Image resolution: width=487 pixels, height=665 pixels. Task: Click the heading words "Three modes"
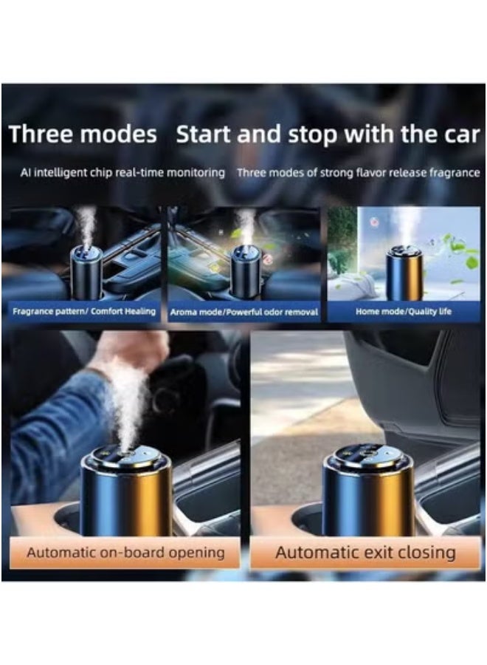point(83,135)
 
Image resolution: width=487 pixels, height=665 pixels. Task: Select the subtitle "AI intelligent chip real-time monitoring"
point(122,173)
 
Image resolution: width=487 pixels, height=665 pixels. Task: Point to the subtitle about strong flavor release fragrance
point(358,173)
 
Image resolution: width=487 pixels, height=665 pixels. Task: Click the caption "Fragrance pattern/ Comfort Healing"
point(84,312)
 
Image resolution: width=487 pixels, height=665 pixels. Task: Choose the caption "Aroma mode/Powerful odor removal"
point(244,313)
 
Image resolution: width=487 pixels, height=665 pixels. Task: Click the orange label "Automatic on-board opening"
point(125,553)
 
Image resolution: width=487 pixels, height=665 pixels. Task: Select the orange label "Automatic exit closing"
point(365,553)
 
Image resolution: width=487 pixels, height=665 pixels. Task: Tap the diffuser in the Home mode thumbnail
point(404,273)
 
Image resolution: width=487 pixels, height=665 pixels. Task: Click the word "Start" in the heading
point(207,135)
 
